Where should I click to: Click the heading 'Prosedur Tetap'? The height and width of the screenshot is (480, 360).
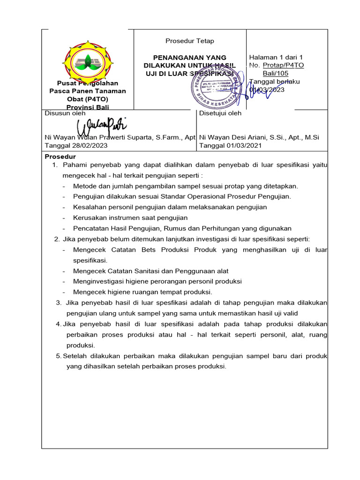tap(189, 41)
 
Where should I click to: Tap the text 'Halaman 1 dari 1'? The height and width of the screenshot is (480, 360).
tap(276, 57)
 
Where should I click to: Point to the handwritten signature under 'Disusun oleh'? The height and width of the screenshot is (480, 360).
tap(102, 125)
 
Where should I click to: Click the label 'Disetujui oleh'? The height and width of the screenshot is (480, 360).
tap(220, 113)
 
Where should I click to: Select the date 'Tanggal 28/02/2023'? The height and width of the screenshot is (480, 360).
tap(76, 145)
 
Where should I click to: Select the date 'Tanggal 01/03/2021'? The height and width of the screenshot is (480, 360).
tap(231, 145)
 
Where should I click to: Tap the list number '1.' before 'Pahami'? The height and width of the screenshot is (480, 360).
tap(54, 165)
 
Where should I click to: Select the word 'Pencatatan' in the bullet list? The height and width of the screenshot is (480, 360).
tap(90, 228)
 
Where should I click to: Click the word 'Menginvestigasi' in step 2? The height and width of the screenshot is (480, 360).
tap(97, 281)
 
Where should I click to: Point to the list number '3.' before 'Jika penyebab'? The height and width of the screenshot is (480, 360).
tap(59, 303)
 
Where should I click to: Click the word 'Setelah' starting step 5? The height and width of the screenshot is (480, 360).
tap(74, 356)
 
